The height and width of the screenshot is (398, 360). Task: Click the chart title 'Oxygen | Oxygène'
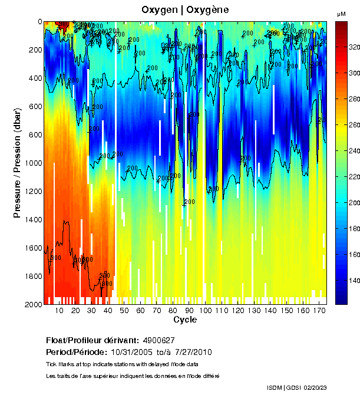click(x=185, y=10)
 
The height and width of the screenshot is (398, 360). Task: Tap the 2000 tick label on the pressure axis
click(x=32, y=304)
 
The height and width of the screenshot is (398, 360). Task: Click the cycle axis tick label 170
click(x=319, y=311)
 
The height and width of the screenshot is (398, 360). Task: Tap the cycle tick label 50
click(x=124, y=311)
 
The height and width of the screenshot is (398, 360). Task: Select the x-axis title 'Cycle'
click(x=185, y=320)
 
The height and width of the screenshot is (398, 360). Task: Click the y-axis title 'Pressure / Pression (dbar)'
click(x=18, y=162)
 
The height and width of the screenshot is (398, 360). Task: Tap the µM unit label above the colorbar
click(x=341, y=14)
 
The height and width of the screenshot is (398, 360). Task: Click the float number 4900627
click(x=159, y=340)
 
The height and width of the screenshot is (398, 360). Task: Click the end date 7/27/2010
click(x=193, y=352)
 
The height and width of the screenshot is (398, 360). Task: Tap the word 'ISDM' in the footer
click(x=274, y=387)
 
